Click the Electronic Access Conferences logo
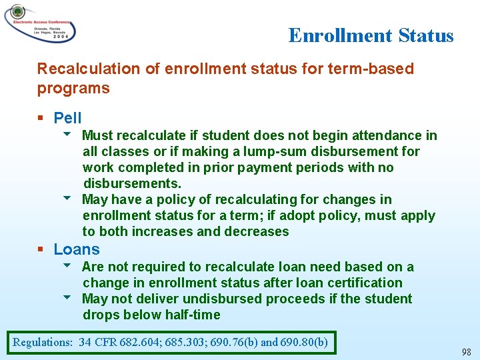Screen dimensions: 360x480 [x=40, y=24]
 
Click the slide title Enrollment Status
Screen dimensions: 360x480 [x=371, y=35]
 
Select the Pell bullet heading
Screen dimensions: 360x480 [x=67, y=119]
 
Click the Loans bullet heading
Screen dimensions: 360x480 [x=77, y=250]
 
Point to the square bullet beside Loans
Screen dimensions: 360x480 [x=41, y=250]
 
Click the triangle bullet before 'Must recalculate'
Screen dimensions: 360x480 [x=67, y=135]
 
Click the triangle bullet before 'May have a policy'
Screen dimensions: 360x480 [x=67, y=199]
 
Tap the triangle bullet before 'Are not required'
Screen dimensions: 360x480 [x=67, y=267]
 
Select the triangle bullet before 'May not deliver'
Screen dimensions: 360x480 [x=67, y=299]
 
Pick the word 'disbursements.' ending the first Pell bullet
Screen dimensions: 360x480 [x=132, y=183]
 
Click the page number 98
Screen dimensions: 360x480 [x=466, y=351]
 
